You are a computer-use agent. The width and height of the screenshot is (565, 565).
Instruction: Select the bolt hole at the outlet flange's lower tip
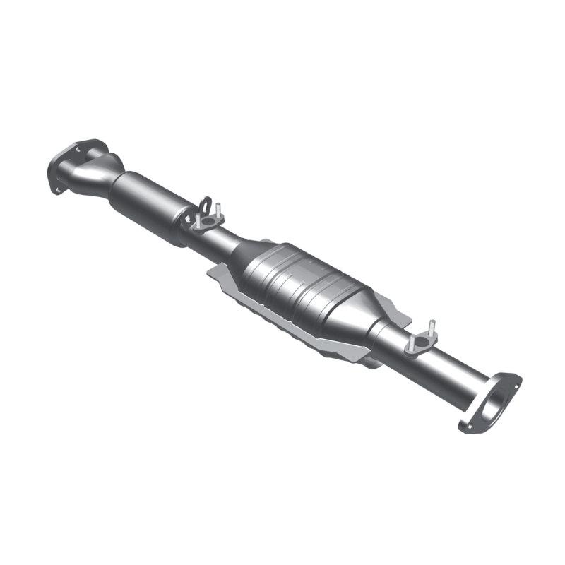click(x=466, y=426)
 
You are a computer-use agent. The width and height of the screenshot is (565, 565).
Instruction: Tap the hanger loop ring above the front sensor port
click(x=205, y=206)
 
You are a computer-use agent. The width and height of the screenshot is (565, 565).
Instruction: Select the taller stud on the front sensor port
click(x=219, y=210)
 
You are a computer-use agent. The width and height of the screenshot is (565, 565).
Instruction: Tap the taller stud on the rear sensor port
click(x=431, y=328)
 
